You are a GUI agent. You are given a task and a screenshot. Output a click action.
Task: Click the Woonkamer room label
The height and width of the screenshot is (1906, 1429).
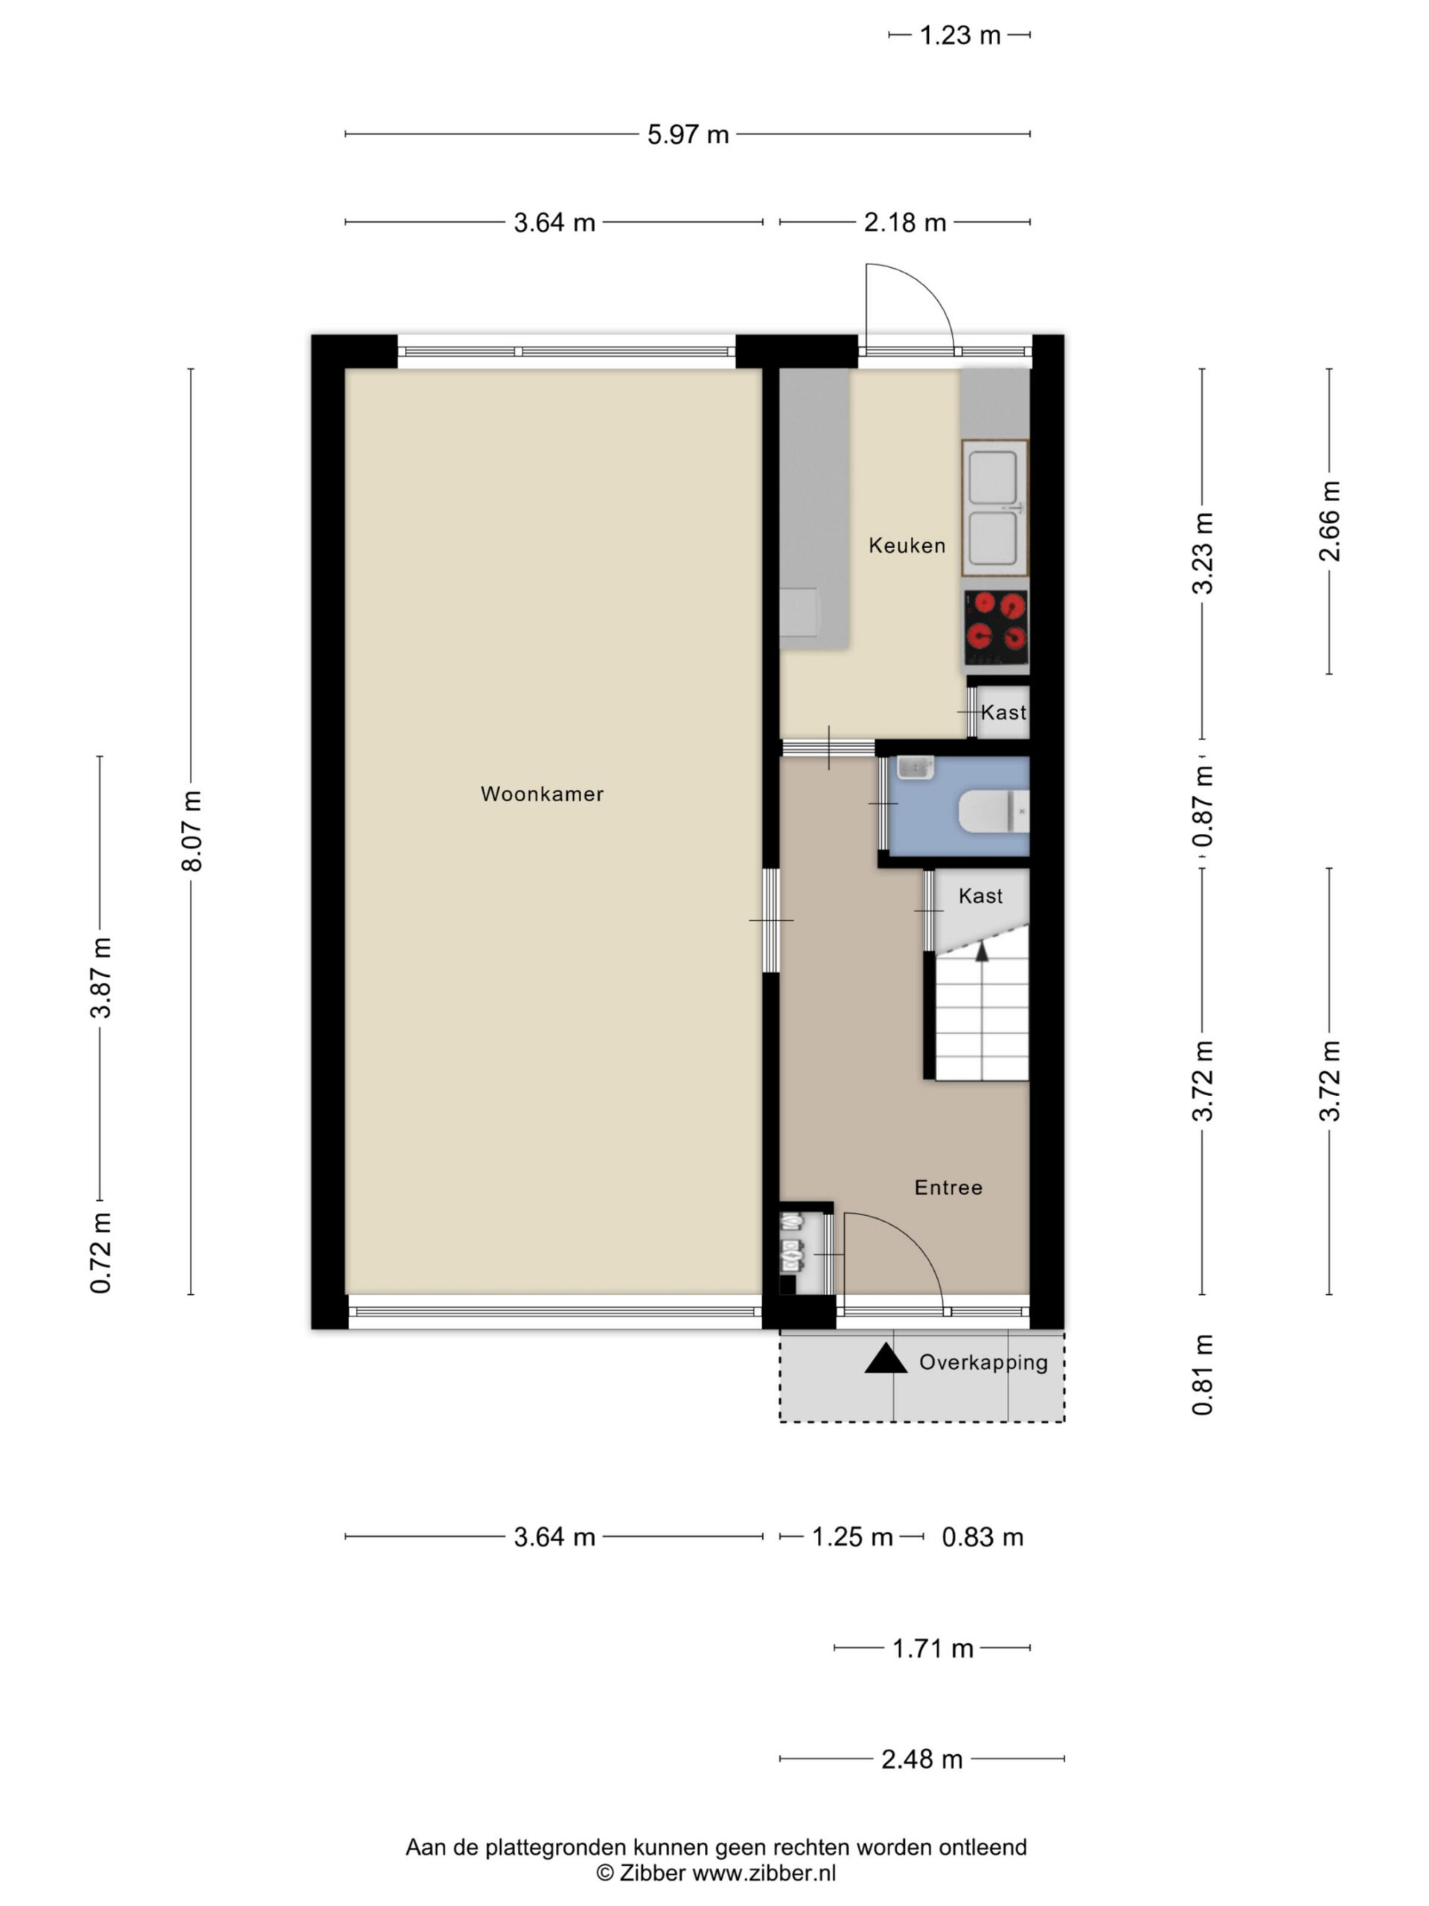pyautogui.click(x=542, y=794)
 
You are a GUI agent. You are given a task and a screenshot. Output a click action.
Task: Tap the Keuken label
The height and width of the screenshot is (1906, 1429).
pyautogui.click(x=907, y=546)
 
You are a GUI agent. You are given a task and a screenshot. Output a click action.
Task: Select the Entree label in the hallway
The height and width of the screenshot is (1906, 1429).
pyautogui.click(x=948, y=1188)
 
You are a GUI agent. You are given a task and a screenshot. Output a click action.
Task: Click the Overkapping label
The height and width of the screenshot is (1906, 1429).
pyautogui.click(x=984, y=1362)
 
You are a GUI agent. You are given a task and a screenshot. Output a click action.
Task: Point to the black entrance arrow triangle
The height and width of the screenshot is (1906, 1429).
pyautogui.click(x=886, y=1359)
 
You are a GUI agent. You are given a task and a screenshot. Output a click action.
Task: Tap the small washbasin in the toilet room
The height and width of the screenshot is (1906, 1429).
pyautogui.click(x=915, y=767)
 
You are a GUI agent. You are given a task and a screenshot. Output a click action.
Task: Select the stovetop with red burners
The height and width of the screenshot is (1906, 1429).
pyautogui.click(x=997, y=628)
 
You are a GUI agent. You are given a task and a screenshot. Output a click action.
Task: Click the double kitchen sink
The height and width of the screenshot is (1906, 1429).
pyautogui.click(x=995, y=508)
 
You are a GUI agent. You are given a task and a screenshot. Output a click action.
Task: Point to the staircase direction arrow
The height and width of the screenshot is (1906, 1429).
pyautogui.click(x=981, y=951)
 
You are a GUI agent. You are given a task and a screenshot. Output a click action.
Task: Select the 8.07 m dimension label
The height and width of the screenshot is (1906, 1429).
pyautogui.click(x=191, y=831)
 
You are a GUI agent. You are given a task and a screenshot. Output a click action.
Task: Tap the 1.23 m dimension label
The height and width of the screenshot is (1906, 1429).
pyautogui.click(x=959, y=35)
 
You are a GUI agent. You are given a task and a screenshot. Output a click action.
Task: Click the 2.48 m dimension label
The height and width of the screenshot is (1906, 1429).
pyautogui.click(x=921, y=1759)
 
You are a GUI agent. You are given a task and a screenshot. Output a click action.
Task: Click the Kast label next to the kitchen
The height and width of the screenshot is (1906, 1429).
pyautogui.click(x=1003, y=712)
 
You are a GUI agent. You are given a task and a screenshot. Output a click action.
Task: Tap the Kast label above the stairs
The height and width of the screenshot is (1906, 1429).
pyautogui.click(x=980, y=896)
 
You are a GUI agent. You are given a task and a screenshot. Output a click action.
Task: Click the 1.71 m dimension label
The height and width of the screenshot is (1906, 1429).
pyautogui.click(x=933, y=1648)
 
